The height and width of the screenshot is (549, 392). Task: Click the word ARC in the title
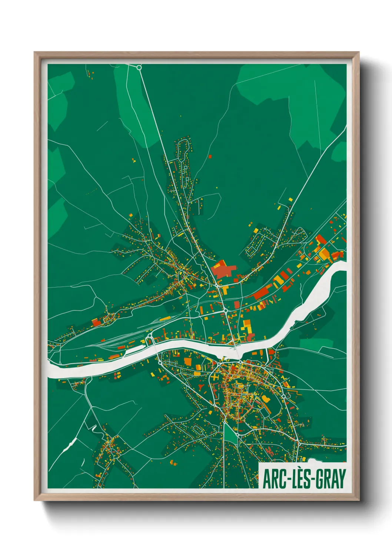pos(274,479)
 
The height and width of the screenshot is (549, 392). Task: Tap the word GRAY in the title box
pos(329,479)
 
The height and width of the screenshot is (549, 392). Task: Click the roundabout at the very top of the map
pos(139,68)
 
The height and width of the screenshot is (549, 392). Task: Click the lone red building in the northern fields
pos(210,157)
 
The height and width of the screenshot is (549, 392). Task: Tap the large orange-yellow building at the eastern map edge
pos(324,254)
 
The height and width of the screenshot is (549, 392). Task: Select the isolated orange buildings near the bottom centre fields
pos(173,462)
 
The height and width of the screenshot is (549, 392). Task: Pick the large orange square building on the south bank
pos(188,362)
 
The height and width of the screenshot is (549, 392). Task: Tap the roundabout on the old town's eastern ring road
pos(284,397)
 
